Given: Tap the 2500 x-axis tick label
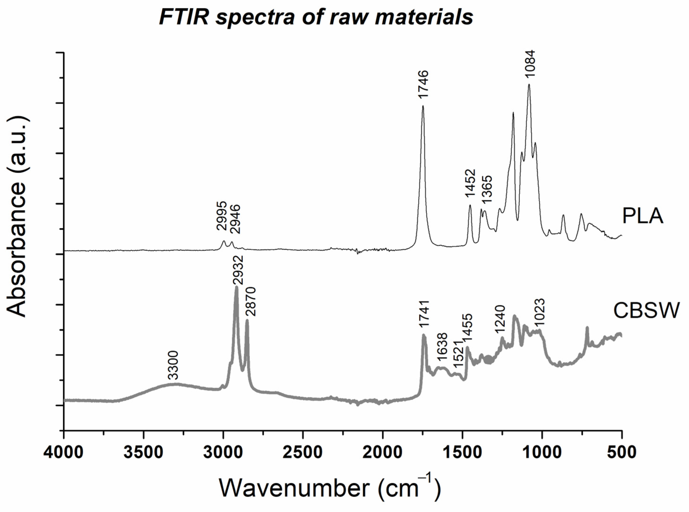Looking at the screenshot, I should [x=303, y=453].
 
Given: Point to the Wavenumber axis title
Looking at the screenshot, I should [x=330, y=488].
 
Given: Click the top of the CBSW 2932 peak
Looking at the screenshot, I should [x=237, y=287].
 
